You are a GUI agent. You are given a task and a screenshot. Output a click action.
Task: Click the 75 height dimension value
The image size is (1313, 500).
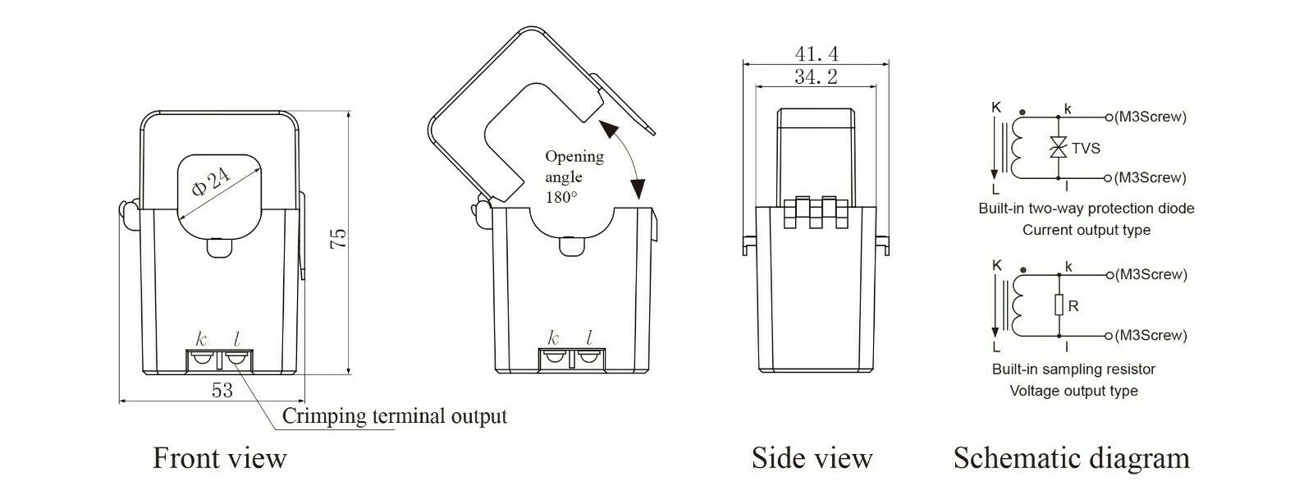tap(338, 238)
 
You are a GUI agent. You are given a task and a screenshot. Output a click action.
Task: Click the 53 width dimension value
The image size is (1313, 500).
tap(222, 390)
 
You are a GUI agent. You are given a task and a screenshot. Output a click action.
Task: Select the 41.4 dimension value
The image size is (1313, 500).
tap(817, 53)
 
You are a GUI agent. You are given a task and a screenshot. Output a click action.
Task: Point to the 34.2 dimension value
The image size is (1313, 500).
tap(816, 77)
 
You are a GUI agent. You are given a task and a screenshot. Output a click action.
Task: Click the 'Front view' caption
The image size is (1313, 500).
tap(219, 457)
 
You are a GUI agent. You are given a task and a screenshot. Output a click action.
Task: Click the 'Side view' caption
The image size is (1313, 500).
tap(812, 457)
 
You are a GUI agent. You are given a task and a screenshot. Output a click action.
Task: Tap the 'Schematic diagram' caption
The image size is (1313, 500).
tap(1071, 457)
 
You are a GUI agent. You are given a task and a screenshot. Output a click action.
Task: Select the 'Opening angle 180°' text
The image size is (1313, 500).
tap(574, 177)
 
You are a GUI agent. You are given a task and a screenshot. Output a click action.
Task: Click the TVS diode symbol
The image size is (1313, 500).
tap(1059, 149)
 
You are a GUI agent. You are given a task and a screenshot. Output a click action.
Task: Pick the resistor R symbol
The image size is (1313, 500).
tap(1059, 306)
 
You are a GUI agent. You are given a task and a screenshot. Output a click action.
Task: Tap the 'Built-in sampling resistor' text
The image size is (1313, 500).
tap(1073, 369)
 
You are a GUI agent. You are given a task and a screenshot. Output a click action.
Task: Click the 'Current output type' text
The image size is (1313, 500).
tap(1086, 230)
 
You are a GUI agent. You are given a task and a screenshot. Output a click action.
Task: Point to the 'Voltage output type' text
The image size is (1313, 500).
tap(1073, 391)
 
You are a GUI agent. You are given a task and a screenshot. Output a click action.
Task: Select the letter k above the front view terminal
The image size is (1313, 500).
tap(202, 338)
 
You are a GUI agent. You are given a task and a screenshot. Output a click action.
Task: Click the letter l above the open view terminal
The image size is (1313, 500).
tap(589, 338)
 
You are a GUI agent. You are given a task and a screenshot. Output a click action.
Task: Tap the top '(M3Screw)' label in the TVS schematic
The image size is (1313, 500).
tap(1150, 117)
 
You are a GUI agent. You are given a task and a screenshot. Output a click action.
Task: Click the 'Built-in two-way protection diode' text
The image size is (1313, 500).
tap(1086, 209)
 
